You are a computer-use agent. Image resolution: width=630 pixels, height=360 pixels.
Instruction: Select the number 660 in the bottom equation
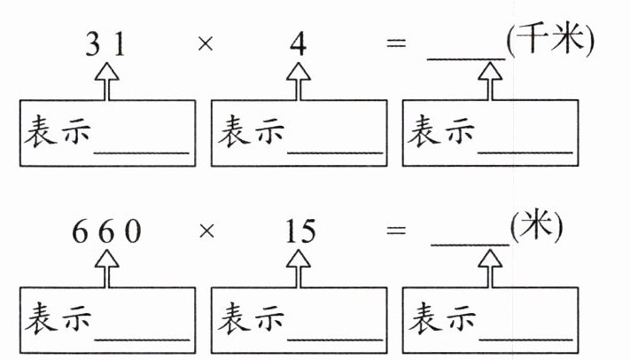pos(106,233)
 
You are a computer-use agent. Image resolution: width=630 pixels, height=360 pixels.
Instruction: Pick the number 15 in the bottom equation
pos(298,233)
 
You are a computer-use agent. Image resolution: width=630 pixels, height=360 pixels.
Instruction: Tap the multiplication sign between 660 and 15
pos(206,234)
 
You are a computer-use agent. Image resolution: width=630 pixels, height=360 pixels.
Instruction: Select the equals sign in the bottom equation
pos(396,234)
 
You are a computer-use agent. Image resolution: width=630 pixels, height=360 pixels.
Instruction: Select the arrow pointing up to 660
pos(106,269)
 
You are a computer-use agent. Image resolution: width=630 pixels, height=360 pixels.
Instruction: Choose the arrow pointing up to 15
pos(298,269)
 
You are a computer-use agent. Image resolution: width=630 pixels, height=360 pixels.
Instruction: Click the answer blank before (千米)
pos(466,55)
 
